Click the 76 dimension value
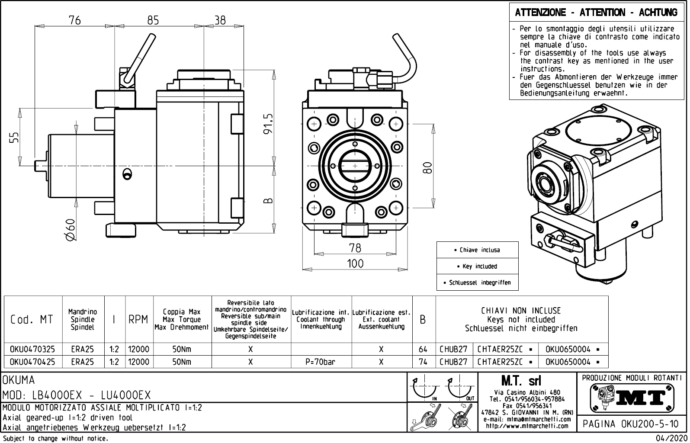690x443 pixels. click(x=75, y=20)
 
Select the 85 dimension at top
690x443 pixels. click(x=153, y=20)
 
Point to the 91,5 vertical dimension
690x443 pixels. click(x=268, y=124)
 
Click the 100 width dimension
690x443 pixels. click(x=355, y=263)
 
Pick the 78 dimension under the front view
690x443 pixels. click(x=355, y=248)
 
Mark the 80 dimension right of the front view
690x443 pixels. click(x=427, y=167)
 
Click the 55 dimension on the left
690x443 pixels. click(x=14, y=138)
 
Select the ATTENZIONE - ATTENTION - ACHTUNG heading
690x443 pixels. click(x=596, y=13)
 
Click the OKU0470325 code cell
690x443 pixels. click(x=32, y=350)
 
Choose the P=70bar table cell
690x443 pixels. click(x=321, y=362)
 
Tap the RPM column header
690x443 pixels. click(x=139, y=320)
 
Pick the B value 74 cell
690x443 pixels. click(x=423, y=362)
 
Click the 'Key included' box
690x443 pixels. click(x=477, y=266)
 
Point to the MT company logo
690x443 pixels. click(x=632, y=397)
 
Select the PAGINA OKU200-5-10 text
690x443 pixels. click(x=631, y=424)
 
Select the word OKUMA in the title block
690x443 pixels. click(x=19, y=381)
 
